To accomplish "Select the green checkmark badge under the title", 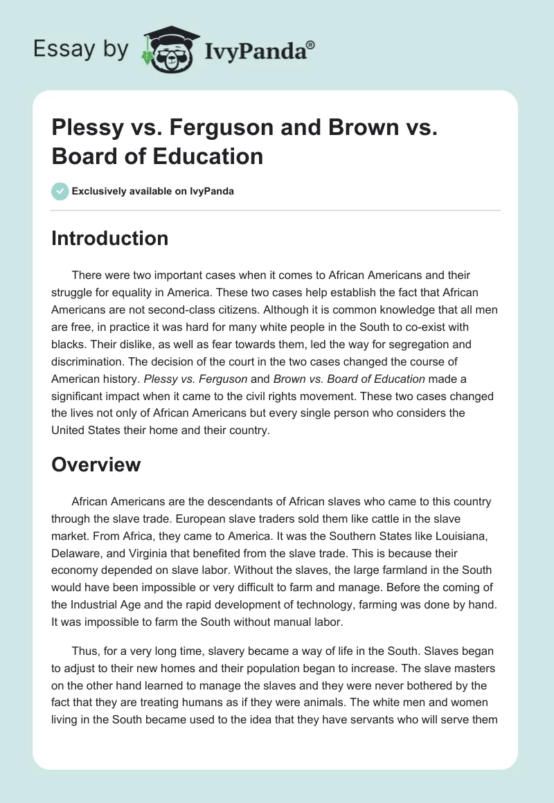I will pyautogui.click(x=60, y=191).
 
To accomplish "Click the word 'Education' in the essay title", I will pyautogui.click(x=208, y=156).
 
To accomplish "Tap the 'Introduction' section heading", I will pyautogui.click(x=109, y=238).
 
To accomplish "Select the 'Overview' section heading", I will pyautogui.click(x=96, y=464).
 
